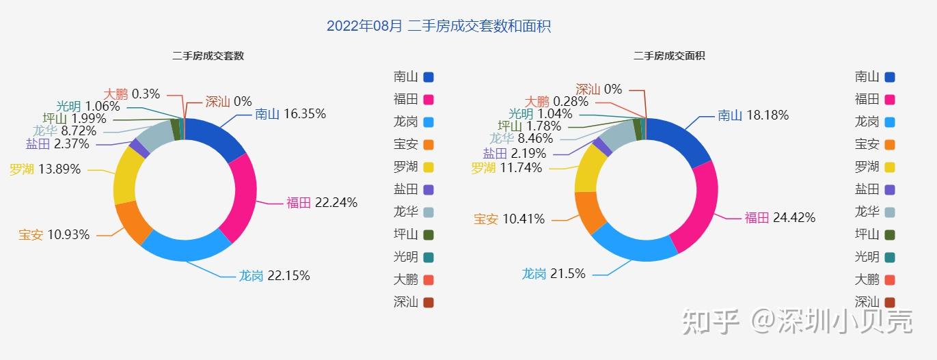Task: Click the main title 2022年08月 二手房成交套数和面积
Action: tap(438, 27)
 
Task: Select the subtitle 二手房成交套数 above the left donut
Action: tap(208, 56)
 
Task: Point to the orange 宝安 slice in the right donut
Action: tap(590, 211)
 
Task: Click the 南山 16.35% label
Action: tap(290, 114)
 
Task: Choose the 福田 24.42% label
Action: tap(780, 218)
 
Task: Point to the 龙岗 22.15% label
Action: tap(274, 276)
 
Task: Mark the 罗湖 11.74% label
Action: tap(506, 168)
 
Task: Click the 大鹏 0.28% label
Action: tap(556, 102)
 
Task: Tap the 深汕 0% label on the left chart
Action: tap(228, 102)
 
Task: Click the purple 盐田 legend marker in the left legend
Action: tap(429, 190)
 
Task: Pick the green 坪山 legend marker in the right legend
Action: tap(890, 235)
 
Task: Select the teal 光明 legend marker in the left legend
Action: tap(429, 258)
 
